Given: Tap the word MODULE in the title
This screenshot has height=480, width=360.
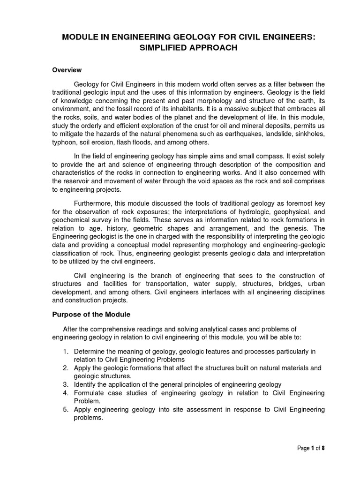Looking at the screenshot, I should [x=80, y=37].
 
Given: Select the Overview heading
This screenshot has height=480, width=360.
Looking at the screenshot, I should [x=67, y=70].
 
